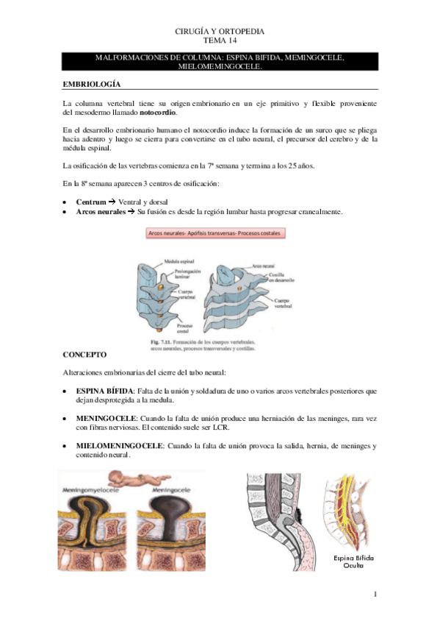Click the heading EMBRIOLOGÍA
point(92,85)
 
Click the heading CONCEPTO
point(85,354)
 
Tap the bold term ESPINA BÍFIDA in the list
point(105,391)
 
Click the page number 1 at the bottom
point(375,594)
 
